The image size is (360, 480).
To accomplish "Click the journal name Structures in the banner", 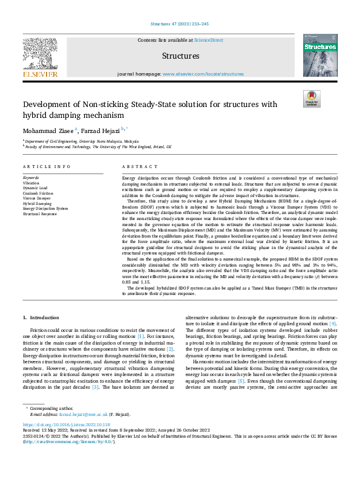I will coord(180,56).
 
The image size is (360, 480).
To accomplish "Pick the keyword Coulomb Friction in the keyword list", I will coord(39,193).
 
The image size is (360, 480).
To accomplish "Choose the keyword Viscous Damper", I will coord(37,198).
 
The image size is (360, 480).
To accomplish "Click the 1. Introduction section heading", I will coord(42,317).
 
